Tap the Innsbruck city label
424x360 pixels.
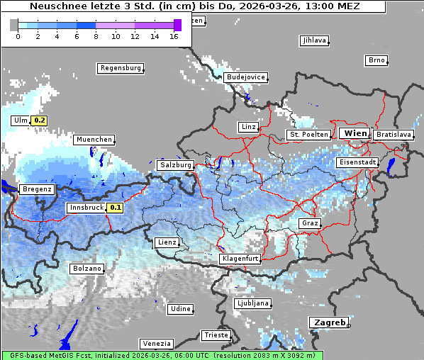click(x=85, y=208)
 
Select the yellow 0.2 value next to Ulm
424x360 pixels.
click(x=40, y=120)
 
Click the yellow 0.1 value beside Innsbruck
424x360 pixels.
click(x=115, y=208)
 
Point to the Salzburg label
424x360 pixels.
click(x=175, y=164)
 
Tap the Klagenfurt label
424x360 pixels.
click(x=240, y=259)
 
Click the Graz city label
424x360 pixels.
click(x=310, y=223)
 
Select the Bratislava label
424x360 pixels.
click(x=394, y=134)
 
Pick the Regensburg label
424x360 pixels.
click(x=120, y=68)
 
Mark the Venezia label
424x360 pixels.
click(x=155, y=343)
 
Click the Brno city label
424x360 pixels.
click(x=376, y=60)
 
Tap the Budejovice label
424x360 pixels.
click(x=245, y=77)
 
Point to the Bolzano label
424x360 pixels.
click(x=87, y=269)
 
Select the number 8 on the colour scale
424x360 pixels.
click(x=96, y=35)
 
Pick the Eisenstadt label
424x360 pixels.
click(x=357, y=162)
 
